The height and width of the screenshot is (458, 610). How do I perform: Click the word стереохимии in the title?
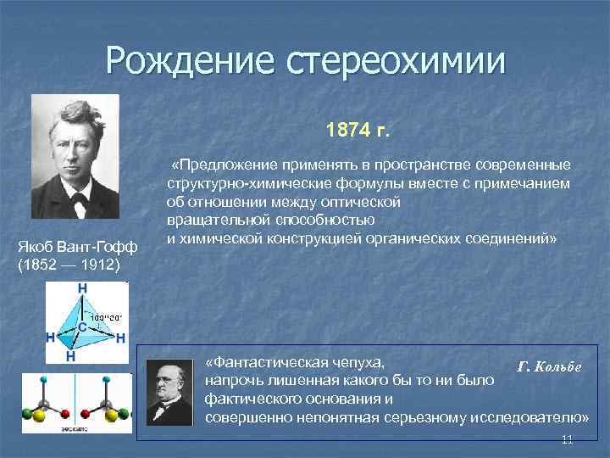(x=395, y=61)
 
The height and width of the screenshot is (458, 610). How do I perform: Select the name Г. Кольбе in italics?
(x=548, y=366)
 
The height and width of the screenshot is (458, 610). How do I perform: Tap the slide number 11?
(x=568, y=439)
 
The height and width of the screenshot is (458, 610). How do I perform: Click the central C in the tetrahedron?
(x=81, y=325)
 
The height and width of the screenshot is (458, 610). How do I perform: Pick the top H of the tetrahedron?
(x=82, y=288)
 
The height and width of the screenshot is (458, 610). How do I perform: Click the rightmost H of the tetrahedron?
(x=121, y=338)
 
